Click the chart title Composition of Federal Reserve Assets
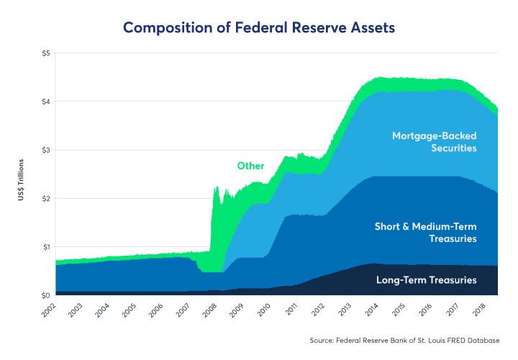(x=259, y=27)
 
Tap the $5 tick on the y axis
(x=45, y=53)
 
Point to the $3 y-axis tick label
(x=45, y=150)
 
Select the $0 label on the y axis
(x=45, y=295)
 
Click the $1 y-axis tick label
(x=45, y=247)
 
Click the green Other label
(x=250, y=166)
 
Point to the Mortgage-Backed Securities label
(x=434, y=141)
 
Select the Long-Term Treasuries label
(x=426, y=279)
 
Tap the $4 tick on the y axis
(x=45, y=102)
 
